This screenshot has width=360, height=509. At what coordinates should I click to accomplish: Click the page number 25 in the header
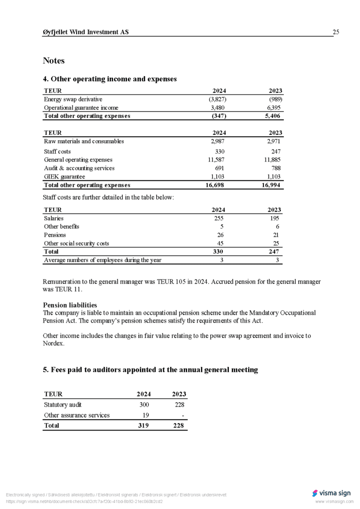click(336, 32)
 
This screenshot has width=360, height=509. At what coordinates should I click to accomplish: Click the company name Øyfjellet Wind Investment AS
click(86, 32)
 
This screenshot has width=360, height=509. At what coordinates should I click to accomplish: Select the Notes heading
click(54, 61)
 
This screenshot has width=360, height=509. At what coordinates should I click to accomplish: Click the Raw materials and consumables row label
click(84, 141)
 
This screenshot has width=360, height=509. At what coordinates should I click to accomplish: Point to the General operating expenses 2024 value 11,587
click(217, 160)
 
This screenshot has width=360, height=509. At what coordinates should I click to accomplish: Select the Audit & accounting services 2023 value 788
click(275, 168)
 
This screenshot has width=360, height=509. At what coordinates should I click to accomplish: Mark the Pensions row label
click(55, 235)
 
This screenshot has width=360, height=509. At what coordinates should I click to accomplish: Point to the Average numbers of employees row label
click(102, 260)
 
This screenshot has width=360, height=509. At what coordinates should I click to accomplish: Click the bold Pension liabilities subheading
click(70, 305)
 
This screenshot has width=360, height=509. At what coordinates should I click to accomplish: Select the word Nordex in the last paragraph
click(54, 343)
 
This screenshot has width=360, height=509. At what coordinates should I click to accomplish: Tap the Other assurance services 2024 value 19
click(146, 415)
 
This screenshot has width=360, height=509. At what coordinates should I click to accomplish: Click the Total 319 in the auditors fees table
click(143, 425)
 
